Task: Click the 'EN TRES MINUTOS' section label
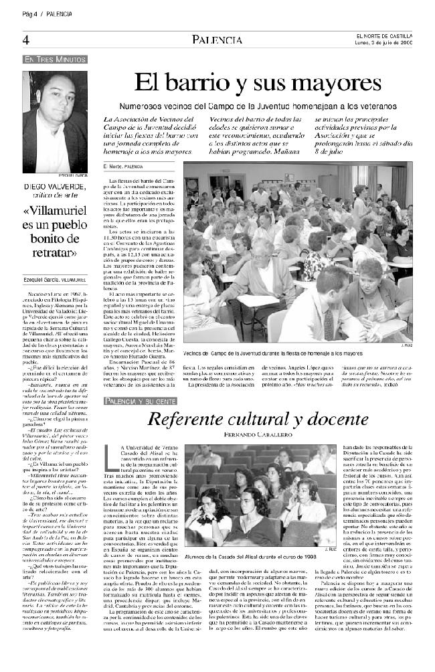click(55, 60)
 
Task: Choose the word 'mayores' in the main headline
click(337, 84)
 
